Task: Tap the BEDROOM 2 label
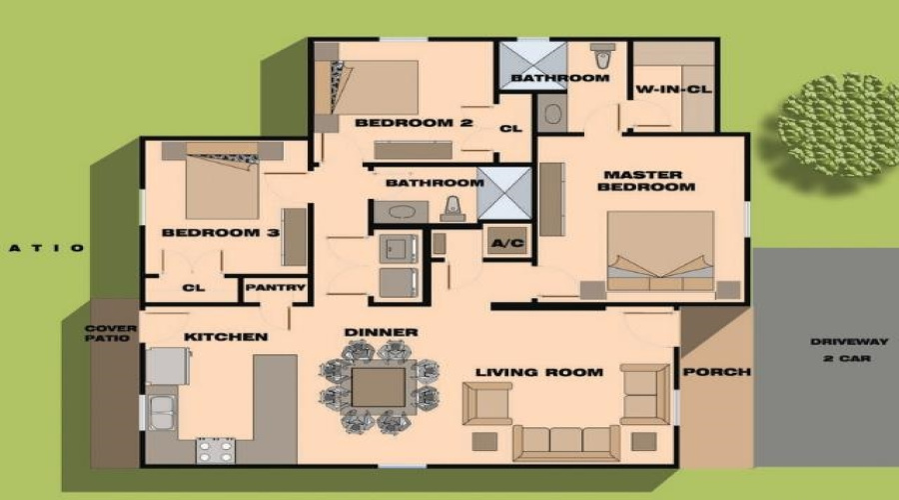point(399,124)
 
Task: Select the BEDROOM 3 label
point(206,233)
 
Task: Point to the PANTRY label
point(275,288)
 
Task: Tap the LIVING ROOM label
point(539,373)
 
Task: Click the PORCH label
point(716,372)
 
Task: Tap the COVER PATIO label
point(110,334)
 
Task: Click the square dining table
point(380,387)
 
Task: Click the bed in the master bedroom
point(660,250)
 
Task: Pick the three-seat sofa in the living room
point(566,440)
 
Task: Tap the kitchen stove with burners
point(215,449)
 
